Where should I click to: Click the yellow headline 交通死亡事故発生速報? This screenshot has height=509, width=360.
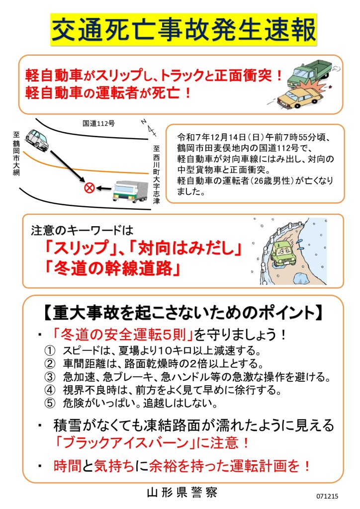[x=183, y=30]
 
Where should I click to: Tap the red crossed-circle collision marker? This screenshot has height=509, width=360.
[x=90, y=187]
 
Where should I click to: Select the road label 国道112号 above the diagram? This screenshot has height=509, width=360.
[x=98, y=123]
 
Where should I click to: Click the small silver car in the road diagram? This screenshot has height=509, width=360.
[x=37, y=140]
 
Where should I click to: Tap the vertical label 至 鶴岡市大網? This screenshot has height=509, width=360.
[x=16, y=153]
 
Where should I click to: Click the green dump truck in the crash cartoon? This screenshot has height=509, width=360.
[x=309, y=72]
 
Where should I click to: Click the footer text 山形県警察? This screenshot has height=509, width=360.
[x=182, y=493]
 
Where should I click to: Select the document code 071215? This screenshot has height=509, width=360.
[x=327, y=496]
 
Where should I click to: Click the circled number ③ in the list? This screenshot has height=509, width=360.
[x=50, y=377]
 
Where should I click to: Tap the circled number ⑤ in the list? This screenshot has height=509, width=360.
[x=50, y=403]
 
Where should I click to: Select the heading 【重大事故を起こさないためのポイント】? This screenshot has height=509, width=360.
[x=183, y=313]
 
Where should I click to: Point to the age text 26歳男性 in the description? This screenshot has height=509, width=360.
[x=272, y=180]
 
